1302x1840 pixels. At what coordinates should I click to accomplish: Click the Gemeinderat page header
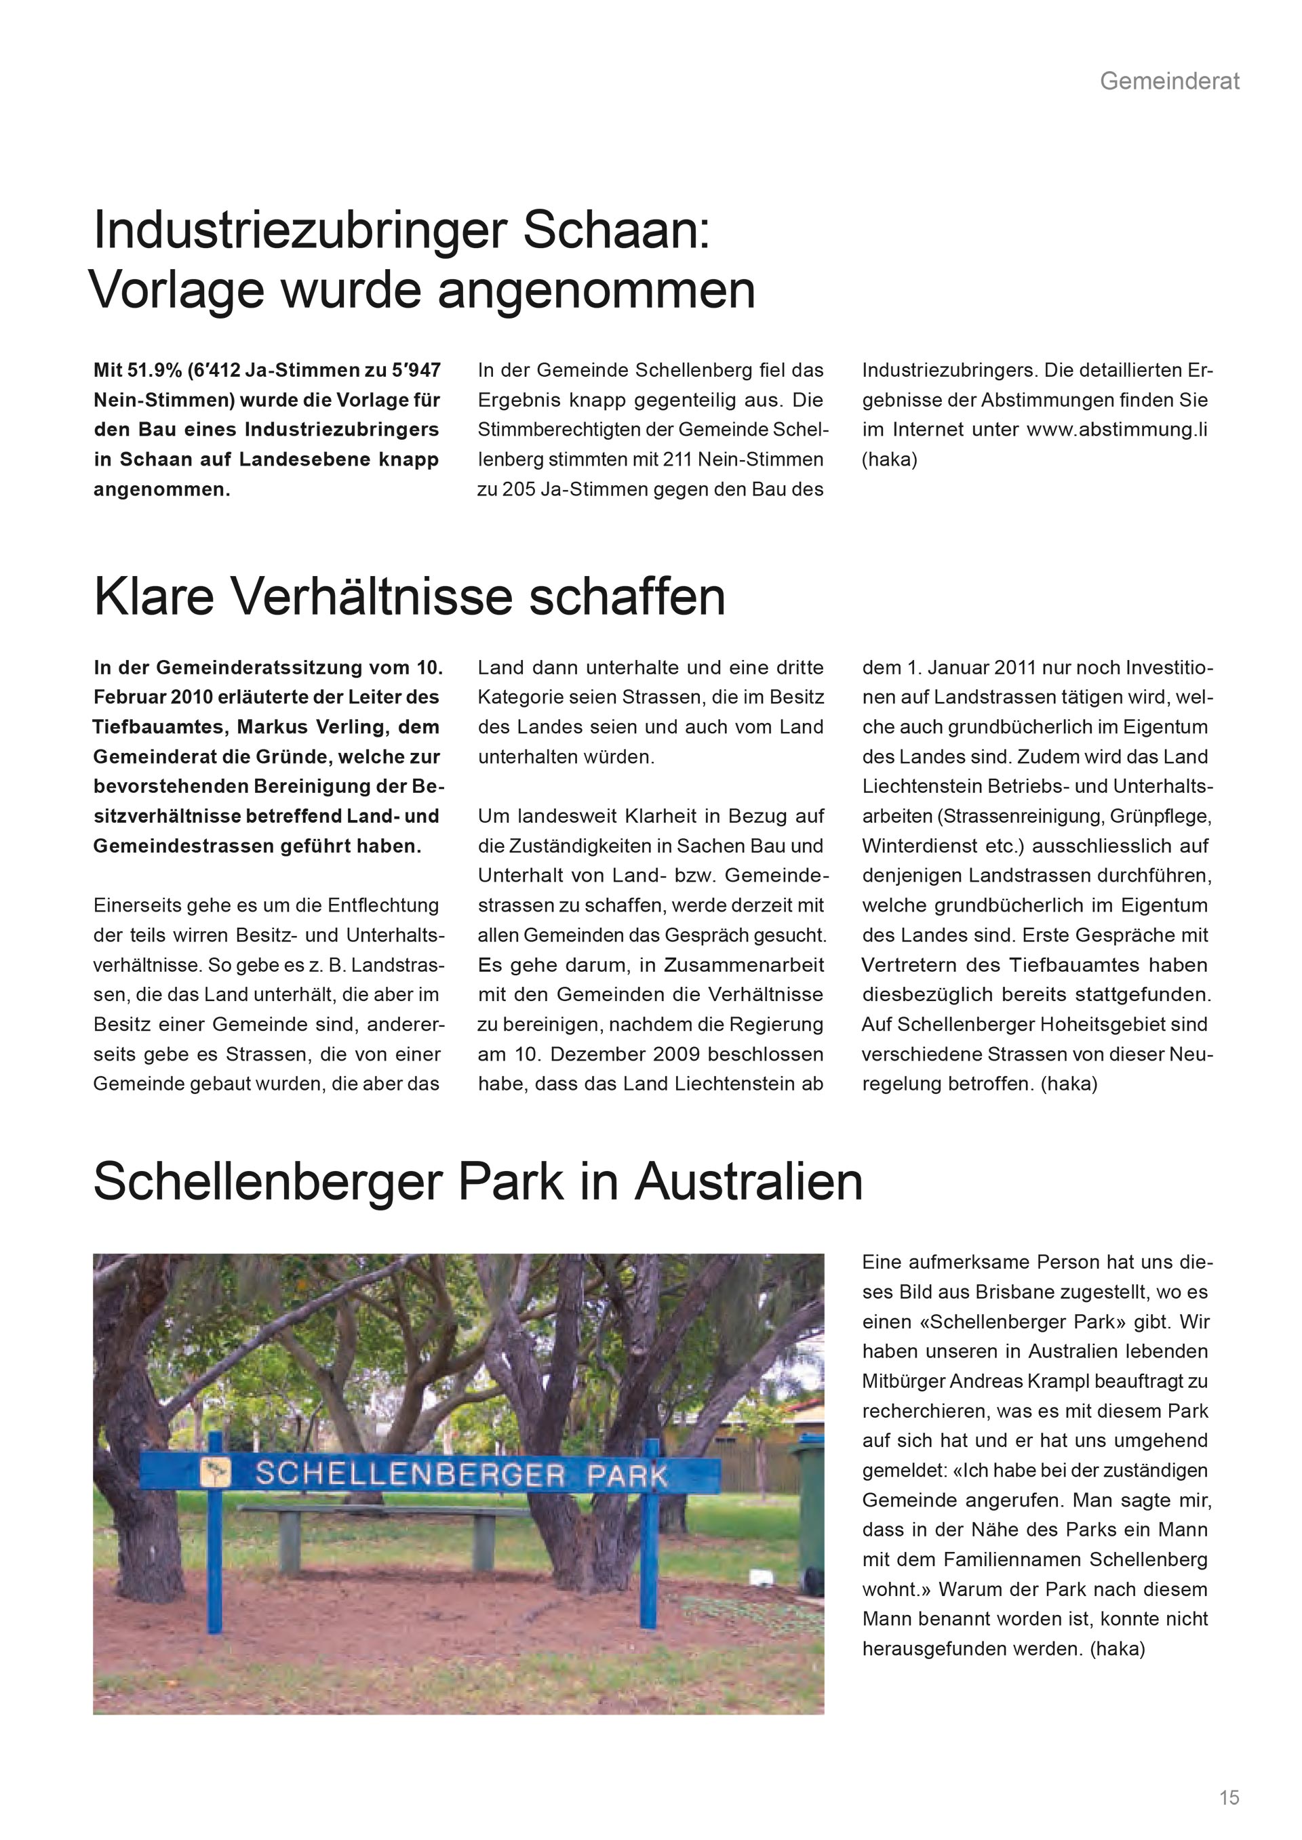[x=1169, y=81]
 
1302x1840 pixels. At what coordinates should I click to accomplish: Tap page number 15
[x=1229, y=1797]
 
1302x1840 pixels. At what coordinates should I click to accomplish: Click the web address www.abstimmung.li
[x=1117, y=430]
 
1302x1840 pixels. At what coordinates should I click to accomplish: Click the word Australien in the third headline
[x=749, y=1182]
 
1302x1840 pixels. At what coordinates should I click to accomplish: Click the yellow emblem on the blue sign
[x=215, y=1471]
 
